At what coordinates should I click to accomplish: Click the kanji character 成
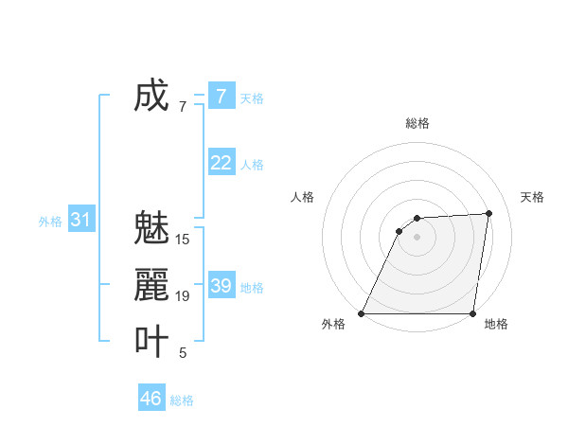(151, 96)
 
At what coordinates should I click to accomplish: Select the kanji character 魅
(151, 228)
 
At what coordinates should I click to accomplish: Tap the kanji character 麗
(151, 285)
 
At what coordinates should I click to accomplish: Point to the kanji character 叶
(151, 342)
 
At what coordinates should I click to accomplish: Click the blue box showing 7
(222, 97)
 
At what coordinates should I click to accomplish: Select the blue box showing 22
(222, 163)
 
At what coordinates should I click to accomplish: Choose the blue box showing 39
(222, 286)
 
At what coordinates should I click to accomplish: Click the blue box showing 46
(151, 399)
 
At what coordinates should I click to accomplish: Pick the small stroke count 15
(183, 240)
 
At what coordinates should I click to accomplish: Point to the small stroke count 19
(183, 296)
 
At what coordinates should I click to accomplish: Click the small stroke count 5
(183, 353)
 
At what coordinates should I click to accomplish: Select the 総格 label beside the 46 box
(182, 400)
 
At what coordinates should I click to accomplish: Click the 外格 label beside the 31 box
(50, 222)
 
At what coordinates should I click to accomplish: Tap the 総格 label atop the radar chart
(417, 123)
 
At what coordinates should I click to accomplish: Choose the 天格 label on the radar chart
(532, 197)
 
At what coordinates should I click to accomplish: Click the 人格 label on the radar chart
(303, 197)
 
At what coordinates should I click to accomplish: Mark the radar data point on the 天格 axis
(489, 213)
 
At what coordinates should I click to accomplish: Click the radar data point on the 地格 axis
(473, 313)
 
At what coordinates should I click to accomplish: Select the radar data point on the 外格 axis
(362, 313)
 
